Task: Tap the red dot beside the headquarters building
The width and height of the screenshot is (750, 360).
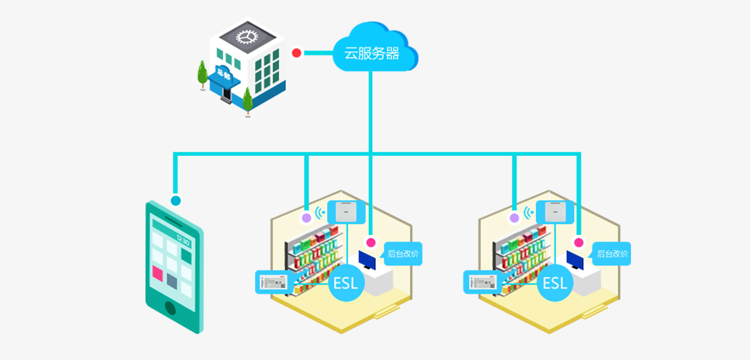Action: click(x=297, y=53)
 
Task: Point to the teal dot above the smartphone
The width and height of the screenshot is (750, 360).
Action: click(x=176, y=200)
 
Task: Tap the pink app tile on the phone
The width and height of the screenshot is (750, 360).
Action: click(x=158, y=273)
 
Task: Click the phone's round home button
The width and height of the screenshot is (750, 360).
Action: click(x=171, y=307)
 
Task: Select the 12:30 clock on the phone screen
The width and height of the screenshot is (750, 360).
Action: click(x=183, y=240)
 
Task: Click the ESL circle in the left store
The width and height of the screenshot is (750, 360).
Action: click(x=346, y=283)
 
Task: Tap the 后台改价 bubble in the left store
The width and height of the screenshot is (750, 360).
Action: click(x=403, y=254)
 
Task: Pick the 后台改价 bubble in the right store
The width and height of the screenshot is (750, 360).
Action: click(x=612, y=254)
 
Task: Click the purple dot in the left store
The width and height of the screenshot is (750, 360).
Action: click(x=306, y=218)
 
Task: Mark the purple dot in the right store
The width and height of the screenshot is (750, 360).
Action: click(x=514, y=218)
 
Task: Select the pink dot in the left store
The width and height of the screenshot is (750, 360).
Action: click(x=370, y=242)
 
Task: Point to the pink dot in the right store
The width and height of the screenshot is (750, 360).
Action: click(x=579, y=242)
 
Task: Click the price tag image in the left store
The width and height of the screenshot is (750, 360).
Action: click(x=273, y=282)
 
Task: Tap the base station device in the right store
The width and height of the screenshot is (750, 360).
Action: click(x=555, y=212)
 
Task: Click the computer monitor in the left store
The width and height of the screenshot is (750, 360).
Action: click(x=368, y=261)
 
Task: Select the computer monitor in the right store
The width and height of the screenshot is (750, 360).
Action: click(x=575, y=261)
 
